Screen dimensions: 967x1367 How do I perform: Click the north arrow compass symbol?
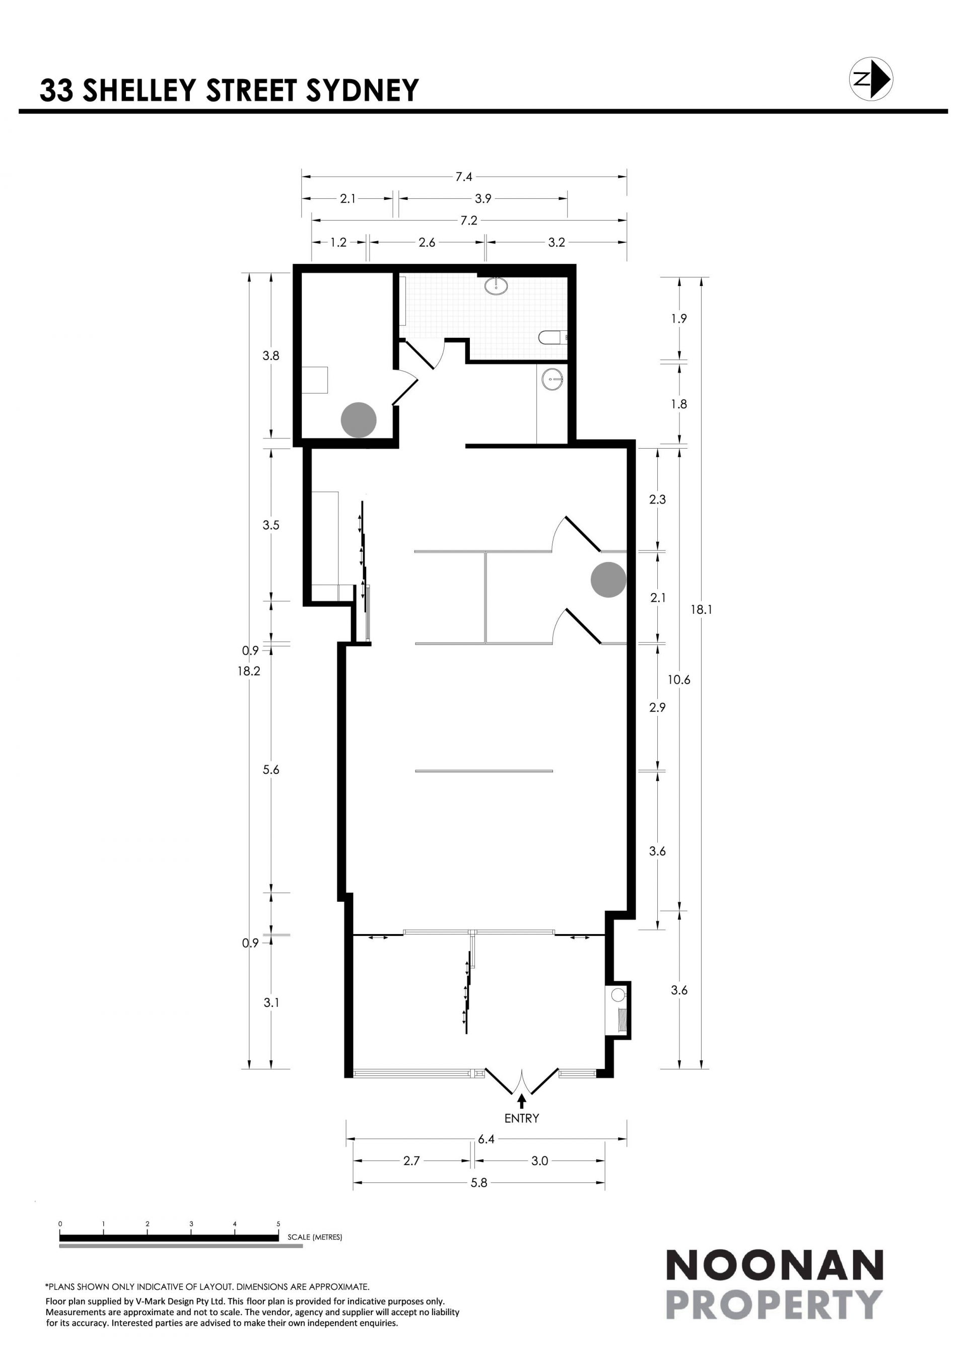coord(870,79)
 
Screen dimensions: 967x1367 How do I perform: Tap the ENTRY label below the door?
coord(522,1118)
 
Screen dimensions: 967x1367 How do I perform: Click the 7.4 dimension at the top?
coord(464,176)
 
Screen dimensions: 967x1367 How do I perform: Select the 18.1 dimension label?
coord(701,609)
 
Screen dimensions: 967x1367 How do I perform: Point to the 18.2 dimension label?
coord(249,671)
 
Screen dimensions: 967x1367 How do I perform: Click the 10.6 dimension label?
coord(679,679)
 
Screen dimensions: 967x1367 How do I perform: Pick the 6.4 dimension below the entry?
coord(486,1139)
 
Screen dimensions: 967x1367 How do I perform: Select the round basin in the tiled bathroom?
coord(496,286)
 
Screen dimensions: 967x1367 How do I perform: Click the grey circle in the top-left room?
coord(359,420)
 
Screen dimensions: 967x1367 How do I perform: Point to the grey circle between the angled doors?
coord(608,580)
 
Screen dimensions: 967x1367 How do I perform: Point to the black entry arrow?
coord(522,1101)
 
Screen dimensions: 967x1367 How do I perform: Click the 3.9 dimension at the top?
coord(483,198)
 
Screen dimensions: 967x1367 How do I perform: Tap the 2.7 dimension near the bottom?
coord(411,1161)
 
